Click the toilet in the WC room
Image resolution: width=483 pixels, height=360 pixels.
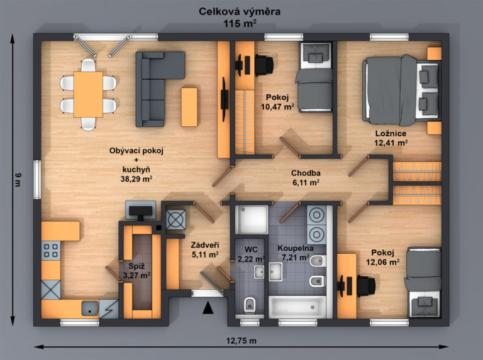click(x=250, y=304)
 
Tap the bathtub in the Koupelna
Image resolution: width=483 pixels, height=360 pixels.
click(x=297, y=307)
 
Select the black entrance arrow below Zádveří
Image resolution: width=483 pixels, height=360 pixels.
click(x=208, y=308)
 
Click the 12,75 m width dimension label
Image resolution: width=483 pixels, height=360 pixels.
click(x=241, y=341)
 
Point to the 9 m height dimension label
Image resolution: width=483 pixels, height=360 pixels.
click(x=18, y=180)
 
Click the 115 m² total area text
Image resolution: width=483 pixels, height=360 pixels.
click(x=240, y=23)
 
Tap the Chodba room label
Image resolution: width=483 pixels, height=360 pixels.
click(x=306, y=173)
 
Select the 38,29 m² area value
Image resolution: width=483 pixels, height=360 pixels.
click(x=136, y=179)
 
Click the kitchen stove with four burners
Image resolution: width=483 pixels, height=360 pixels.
click(x=51, y=251)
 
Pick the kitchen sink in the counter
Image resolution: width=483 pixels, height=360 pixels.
click(x=90, y=308)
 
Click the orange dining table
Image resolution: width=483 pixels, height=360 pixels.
click(x=88, y=94)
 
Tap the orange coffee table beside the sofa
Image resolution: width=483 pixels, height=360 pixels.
click(x=189, y=107)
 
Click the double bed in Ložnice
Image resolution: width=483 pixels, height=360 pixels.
click(x=401, y=90)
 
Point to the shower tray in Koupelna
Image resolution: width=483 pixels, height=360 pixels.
click(x=252, y=220)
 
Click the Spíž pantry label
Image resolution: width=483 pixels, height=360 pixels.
click(x=136, y=266)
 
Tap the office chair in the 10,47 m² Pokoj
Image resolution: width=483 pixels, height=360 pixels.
click(x=264, y=65)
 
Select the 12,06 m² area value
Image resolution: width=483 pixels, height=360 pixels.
click(x=382, y=262)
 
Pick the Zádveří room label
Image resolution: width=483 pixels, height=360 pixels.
click(x=205, y=245)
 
